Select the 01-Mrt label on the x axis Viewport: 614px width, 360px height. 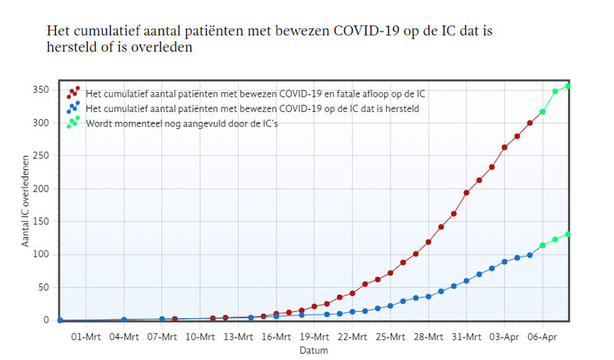coord(86,336)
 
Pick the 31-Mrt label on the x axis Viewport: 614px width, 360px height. coord(466,336)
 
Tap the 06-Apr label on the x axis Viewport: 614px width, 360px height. coord(542,336)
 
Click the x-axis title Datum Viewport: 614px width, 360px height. coord(314,350)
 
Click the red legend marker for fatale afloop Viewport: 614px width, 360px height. coord(73,93)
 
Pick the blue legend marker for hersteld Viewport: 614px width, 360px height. coord(73,107)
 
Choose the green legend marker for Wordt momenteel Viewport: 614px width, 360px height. coord(73,122)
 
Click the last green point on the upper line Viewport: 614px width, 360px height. coord(568,86)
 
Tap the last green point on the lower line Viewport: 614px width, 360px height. coord(568,234)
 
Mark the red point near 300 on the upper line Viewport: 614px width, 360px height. coord(530,123)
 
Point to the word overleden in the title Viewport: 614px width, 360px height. coord(166,48)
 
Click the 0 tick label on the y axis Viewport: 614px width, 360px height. coord(47,320)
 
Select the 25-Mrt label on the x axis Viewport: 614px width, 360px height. coord(390,336)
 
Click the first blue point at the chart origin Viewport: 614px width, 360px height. coord(61,320)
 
